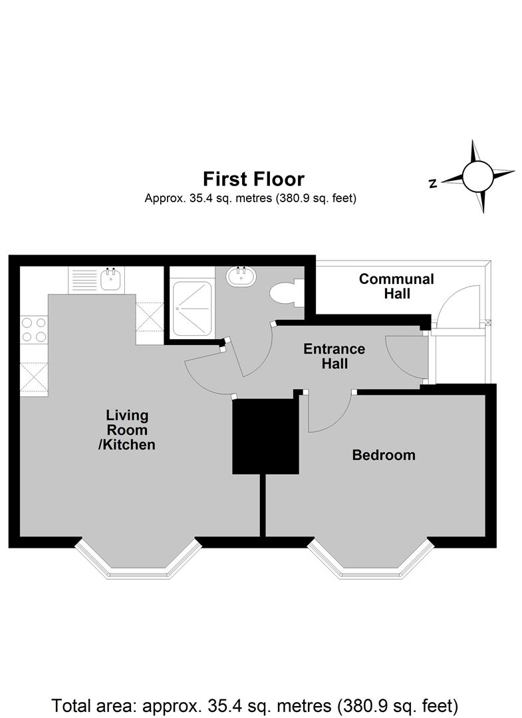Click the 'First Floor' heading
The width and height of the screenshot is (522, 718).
pyautogui.click(x=253, y=179)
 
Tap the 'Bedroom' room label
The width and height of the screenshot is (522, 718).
pyautogui.click(x=384, y=455)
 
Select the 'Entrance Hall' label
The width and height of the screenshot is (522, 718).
pyautogui.click(x=334, y=356)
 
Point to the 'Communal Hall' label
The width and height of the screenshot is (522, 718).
pyautogui.click(x=396, y=286)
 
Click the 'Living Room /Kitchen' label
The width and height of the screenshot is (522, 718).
pyautogui.click(x=127, y=430)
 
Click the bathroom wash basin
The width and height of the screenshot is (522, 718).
pyautogui.click(x=241, y=277)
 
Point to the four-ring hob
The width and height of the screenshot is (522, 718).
pyautogui.click(x=34, y=330)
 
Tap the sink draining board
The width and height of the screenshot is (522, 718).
pyautogui.click(x=84, y=280)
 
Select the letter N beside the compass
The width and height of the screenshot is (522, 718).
pyautogui.click(x=433, y=183)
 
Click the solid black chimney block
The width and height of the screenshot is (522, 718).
pyautogui.click(x=265, y=436)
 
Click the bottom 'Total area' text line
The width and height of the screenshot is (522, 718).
pyautogui.click(x=255, y=705)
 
